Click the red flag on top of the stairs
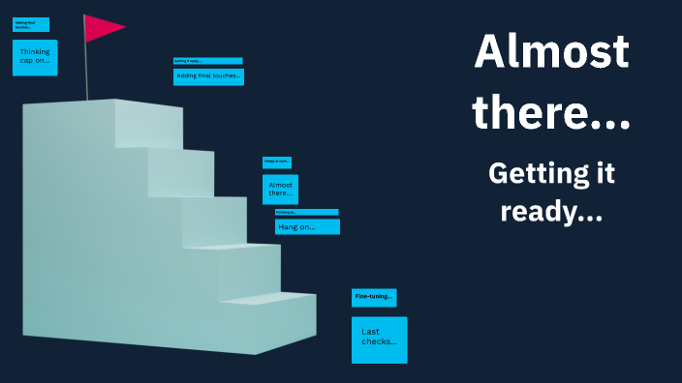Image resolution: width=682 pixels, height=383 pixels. [x=101, y=28]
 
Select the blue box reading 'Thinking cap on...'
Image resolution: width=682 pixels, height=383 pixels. [x=35, y=58]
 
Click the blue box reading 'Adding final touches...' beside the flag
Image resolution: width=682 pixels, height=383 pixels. [x=208, y=75]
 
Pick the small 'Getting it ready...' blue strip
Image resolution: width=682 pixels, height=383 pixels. [x=207, y=61]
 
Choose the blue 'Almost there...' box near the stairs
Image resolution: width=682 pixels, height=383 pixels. [x=280, y=190]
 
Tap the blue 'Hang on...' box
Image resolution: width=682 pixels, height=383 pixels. [x=307, y=227]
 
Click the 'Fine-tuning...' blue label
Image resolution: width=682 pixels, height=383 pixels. [x=374, y=297]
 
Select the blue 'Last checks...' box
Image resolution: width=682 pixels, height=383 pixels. [x=379, y=339]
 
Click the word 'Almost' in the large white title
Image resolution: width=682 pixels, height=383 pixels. [x=551, y=51]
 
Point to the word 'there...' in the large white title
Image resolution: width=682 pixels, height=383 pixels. [x=551, y=114]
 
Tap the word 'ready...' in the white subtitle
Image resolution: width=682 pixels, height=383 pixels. [x=551, y=212]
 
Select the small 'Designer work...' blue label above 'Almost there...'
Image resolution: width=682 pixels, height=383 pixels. [x=277, y=162]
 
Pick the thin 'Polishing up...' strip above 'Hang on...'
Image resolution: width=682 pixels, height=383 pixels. [x=306, y=212]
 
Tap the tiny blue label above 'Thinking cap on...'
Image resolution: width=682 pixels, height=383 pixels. [x=31, y=24]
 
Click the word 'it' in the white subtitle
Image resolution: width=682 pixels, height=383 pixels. [x=604, y=174]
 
